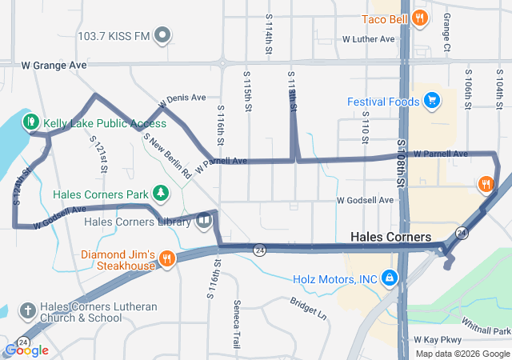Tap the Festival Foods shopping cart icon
(x=432, y=101)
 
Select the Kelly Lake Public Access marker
(x=31, y=122)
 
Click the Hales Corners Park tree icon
(x=162, y=193)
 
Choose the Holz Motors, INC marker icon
(x=389, y=278)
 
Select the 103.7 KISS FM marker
(x=162, y=35)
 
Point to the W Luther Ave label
(x=368, y=38)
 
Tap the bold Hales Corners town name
(x=391, y=238)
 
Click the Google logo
(x=26, y=350)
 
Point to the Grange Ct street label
(x=446, y=36)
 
